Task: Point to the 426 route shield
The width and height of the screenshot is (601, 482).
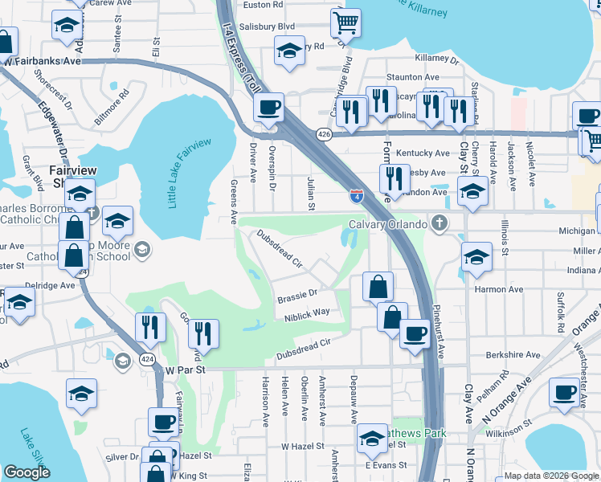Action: (x=324, y=133)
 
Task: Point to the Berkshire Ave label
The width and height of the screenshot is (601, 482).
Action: (x=513, y=354)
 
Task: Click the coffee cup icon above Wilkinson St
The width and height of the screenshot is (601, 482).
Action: (x=565, y=394)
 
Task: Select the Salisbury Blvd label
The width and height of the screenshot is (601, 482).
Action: (x=268, y=27)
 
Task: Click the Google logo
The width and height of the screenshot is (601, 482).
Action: (x=27, y=472)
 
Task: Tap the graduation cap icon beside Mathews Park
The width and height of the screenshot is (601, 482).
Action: (x=372, y=439)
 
